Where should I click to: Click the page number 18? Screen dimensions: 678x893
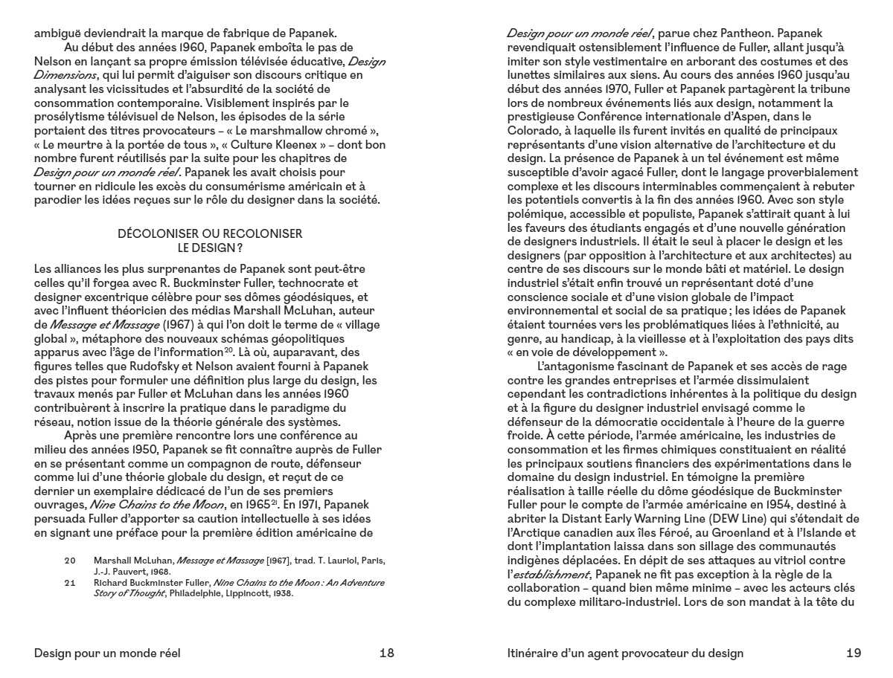click(386, 653)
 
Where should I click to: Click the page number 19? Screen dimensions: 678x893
click(854, 653)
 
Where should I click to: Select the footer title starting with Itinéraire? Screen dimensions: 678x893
click(624, 653)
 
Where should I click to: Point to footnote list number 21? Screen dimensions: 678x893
click(70, 583)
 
